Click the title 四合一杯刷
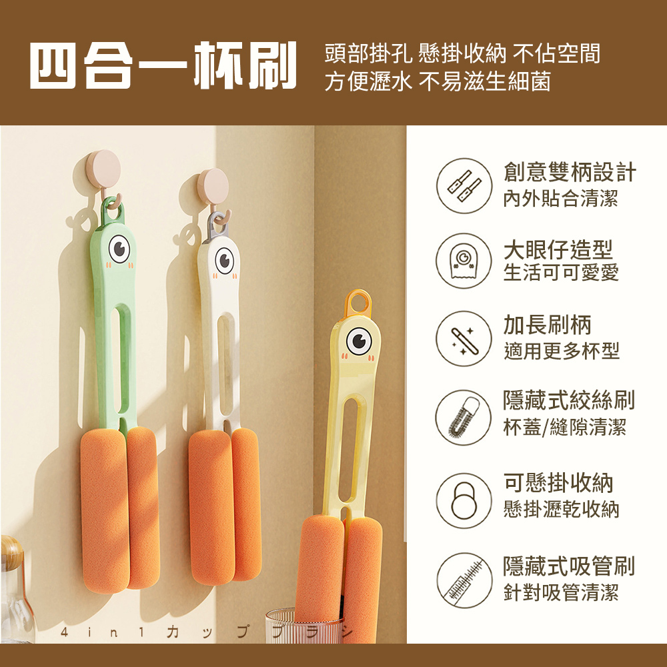tap(163, 67)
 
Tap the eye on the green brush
tap(119, 249)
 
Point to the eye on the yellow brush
tap(359, 341)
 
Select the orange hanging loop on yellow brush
tap(358, 303)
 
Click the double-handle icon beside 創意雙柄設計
tap(464, 186)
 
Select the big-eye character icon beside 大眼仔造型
tap(464, 261)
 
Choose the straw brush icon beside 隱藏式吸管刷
tap(464, 578)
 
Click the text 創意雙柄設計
tap(570, 173)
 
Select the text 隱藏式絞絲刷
tap(568, 400)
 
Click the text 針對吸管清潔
tap(561, 592)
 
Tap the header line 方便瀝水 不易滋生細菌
tap(438, 82)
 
